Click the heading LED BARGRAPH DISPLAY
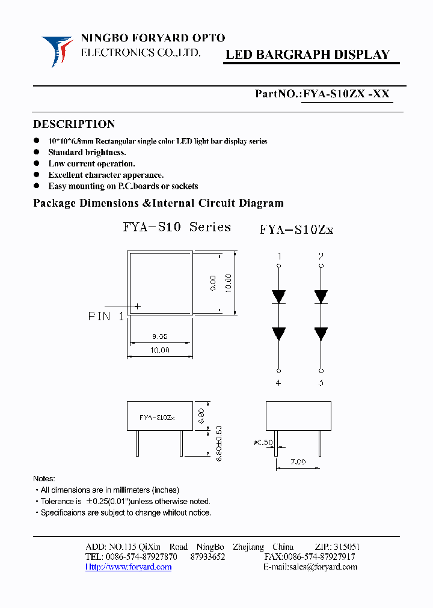pyautogui.click(x=307, y=55)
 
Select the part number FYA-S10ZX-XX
pyautogui.click(x=346, y=94)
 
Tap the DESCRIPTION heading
pyautogui.click(x=73, y=124)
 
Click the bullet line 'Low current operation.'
pyautogui.click(x=91, y=163)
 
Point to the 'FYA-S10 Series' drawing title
pyautogui.click(x=177, y=227)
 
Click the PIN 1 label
pyautogui.click(x=106, y=316)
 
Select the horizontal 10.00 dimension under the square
pyautogui.click(x=159, y=350)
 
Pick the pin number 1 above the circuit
pyautogui.click(x=279, y=257)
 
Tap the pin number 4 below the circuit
pyautogui.click(x=279, y=383)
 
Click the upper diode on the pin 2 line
pyautogui.click(x=321, y=296)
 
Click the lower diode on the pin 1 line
pyautogui.click(x=279, y=333)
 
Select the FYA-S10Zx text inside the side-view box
pyautogui.click(x=157, y=417)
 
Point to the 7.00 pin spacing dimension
pyautogui.click(x=298, y=461)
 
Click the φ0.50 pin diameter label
pyautogui.click(x=263, y=443)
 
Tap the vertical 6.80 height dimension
pyautogui.click(x=200, y=416)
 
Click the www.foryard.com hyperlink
pyautogui.click(x=128, y=567)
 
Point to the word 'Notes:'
pyautogui.click(x=44, y=479)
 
